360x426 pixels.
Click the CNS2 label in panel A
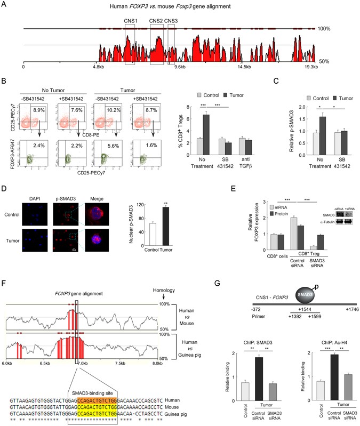pyautogui.click(x=156, y=22)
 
